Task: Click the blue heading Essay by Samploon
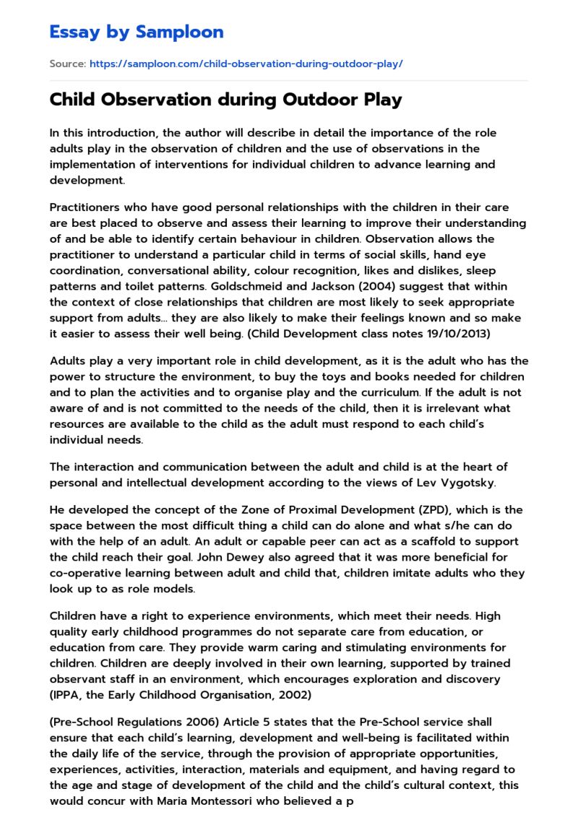[x=137, y=32]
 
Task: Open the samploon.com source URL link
[x=246, y=64]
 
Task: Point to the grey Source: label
[x=68, y=64]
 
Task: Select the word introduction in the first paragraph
[x=106, y=133]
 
